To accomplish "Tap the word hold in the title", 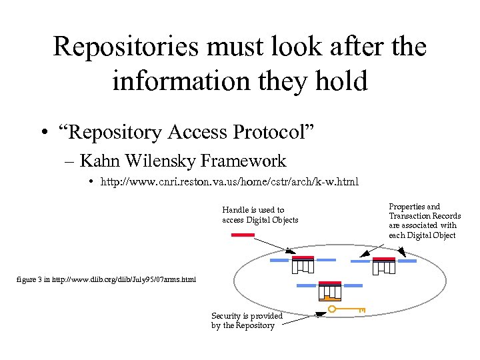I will tap(341, 81).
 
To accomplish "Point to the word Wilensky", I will tap(164, 161).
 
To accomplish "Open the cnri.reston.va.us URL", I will tap(229, 181).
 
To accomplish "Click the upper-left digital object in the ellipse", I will tap(302, 265).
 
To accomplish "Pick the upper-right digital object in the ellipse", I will tap(384, 265).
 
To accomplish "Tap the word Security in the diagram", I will tap(228, 316).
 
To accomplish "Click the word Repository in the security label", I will tap(254, 325).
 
